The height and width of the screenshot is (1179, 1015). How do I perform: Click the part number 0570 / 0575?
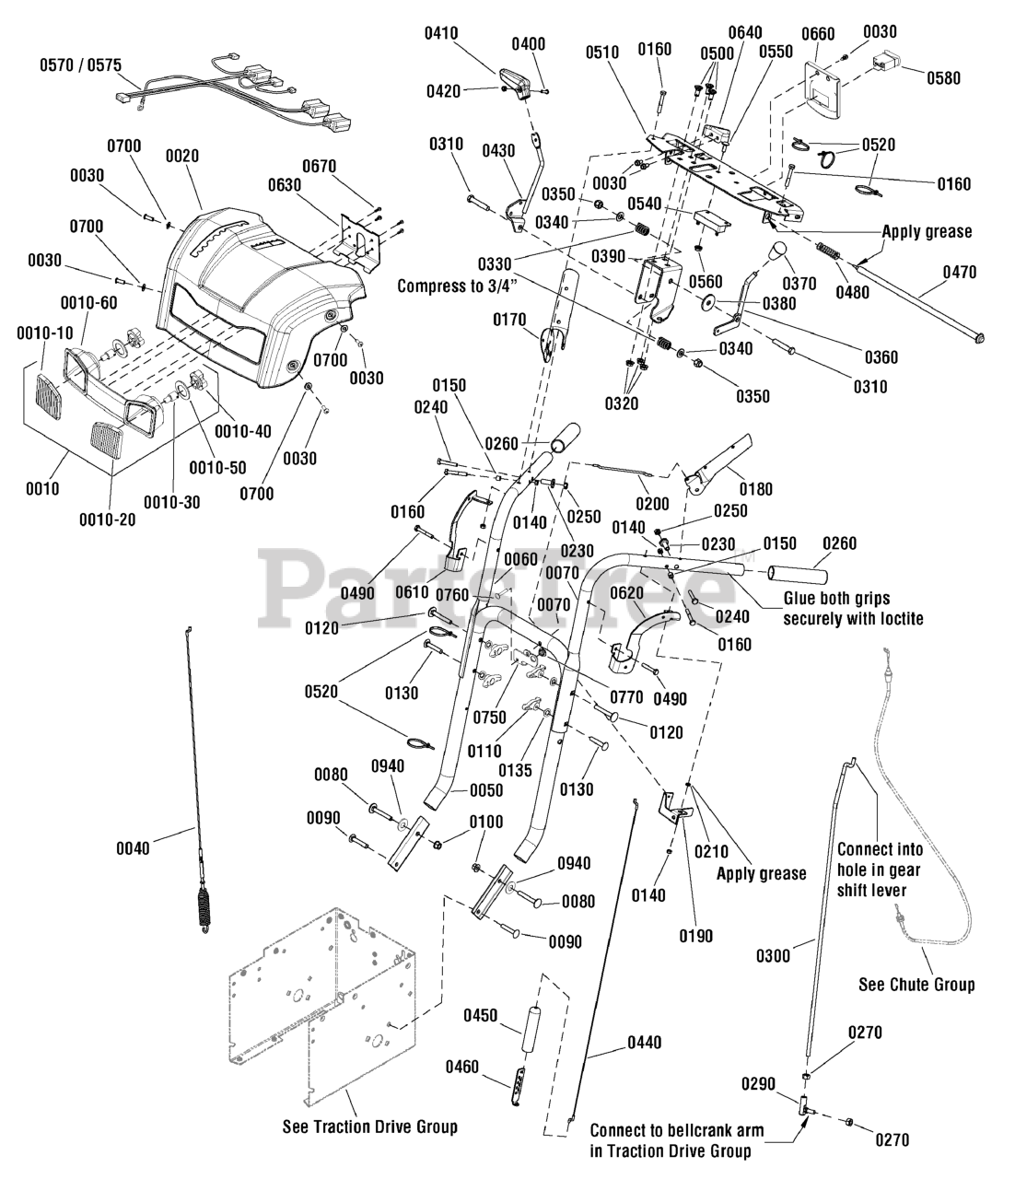pos(80,65)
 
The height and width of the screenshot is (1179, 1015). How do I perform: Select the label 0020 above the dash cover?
pos(182,156)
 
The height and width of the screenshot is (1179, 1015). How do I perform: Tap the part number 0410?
pos(441,33)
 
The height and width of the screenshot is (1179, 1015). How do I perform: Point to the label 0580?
pos(944,77)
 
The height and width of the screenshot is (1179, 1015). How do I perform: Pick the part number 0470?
pos(960,272)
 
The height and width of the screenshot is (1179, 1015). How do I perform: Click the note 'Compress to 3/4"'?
pos(457,286)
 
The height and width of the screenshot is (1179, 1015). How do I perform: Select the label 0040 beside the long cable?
pos(133,848)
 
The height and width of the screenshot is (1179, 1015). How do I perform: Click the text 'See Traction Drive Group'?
pos(370,1126)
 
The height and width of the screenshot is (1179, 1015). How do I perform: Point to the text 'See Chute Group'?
pos(917,984)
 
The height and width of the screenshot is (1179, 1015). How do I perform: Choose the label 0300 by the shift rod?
pos(774,955)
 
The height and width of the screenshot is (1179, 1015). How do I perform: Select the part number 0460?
pos(462,1066)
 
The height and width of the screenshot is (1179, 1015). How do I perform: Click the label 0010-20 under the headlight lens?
pos(107,519)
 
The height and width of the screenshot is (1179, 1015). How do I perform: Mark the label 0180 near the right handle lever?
pos(756,489)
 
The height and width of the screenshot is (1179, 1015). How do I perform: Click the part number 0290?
pos(758,1083)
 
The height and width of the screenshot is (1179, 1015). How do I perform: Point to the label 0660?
pos(818,34)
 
